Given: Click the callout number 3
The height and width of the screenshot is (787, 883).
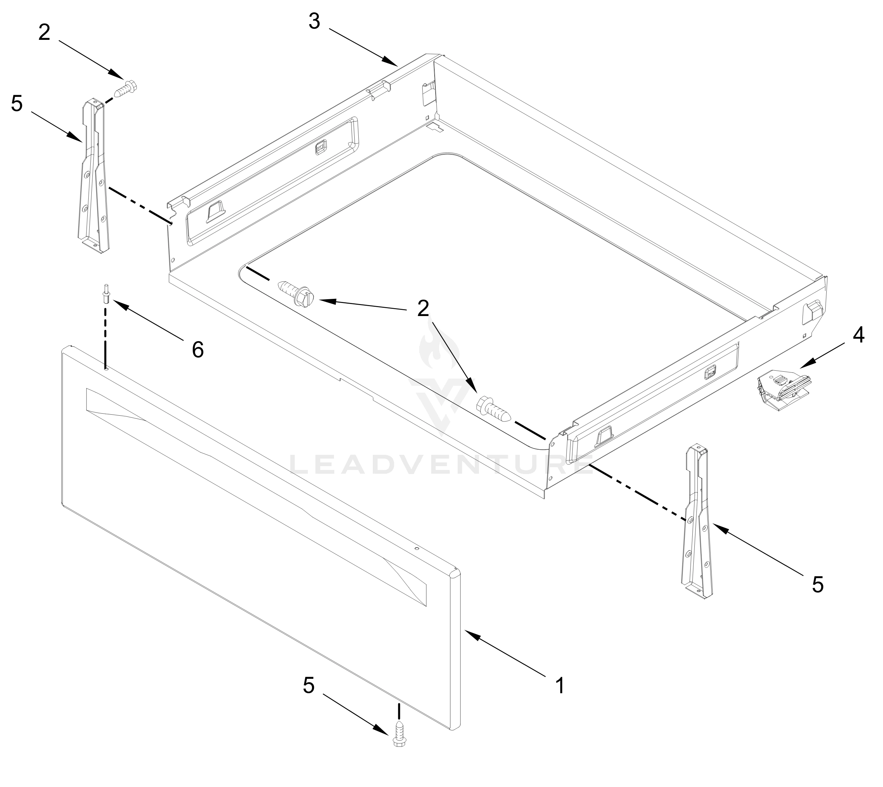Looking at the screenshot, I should tap(314, 22).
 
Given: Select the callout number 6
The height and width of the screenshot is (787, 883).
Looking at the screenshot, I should tap(198, 349).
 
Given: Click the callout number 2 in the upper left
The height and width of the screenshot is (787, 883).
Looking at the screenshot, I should tap(44, 33).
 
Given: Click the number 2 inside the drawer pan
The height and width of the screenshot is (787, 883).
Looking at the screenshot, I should tap(423, 308).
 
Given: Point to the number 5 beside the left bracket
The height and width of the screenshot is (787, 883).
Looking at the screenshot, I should tap(16, 104).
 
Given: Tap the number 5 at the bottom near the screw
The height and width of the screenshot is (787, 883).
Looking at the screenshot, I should tap(308, 686).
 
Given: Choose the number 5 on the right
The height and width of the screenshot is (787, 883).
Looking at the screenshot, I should tap(817, 585).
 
